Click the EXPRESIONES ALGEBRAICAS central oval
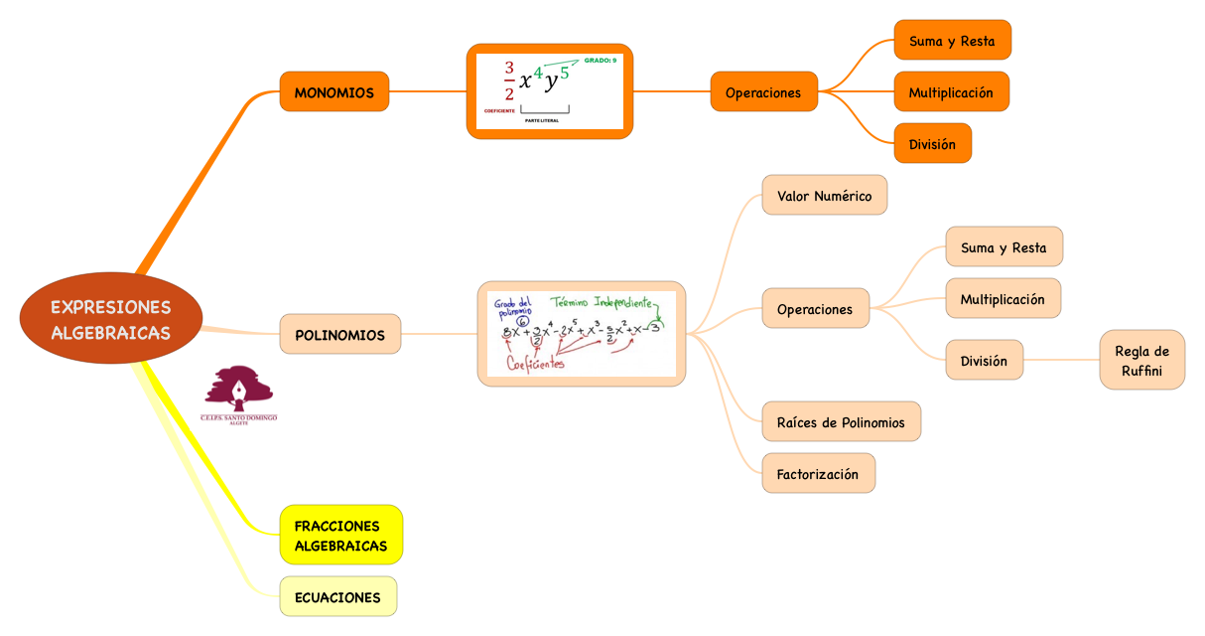[x=111, y=319]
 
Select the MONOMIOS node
[x=334, y=92]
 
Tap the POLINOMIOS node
[x=339, y=335]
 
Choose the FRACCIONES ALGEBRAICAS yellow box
[x=340, y=535]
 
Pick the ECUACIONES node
[x=337, y=597]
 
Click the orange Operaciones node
[x=763, y=92]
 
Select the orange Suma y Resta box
[x=952, y=41]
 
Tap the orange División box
[x=932, y=144]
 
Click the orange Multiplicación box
[x=951, y=92]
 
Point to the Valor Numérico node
[x=824, y=196]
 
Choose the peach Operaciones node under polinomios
[x=815, y=309]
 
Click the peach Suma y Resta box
[x=1004, y=247]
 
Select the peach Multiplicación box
[x=1003, y=299]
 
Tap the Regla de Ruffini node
[x=1141, y=360]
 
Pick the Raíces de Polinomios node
[x=841, y=422]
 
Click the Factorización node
[x=818, y=474]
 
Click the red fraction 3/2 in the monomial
[x=509, y=81]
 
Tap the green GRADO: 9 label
[x=600, y=61]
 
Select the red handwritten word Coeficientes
[x=535, y=364]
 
